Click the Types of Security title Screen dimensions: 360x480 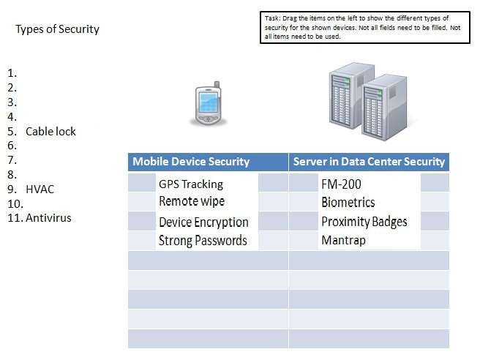(x=57, y=29)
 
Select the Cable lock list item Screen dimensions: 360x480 (x=50, y=132)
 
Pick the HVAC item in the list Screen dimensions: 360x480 (x=40, y=190)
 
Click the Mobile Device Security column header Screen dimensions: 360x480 (x=191, y=162)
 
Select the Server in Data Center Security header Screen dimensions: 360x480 (x=368, y=162)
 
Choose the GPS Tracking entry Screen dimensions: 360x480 (x=190, y=184)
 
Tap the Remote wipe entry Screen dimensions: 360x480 (x=192, y=201)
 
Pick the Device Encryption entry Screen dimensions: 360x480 (x=203, y=222)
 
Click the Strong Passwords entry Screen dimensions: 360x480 (x=203, y=240)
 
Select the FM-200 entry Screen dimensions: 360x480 (x=341, y=184)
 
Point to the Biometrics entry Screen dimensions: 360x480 (x=348, y=203)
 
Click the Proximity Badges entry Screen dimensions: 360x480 (x=364, y=222)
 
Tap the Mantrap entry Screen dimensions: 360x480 (x=342, y=240)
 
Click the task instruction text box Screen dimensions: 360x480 (x=365, y=26)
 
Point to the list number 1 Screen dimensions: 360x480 (x=11, y=73)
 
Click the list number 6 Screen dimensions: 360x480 (x=11, y=146)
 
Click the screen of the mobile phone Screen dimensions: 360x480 (x=208, y=101)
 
